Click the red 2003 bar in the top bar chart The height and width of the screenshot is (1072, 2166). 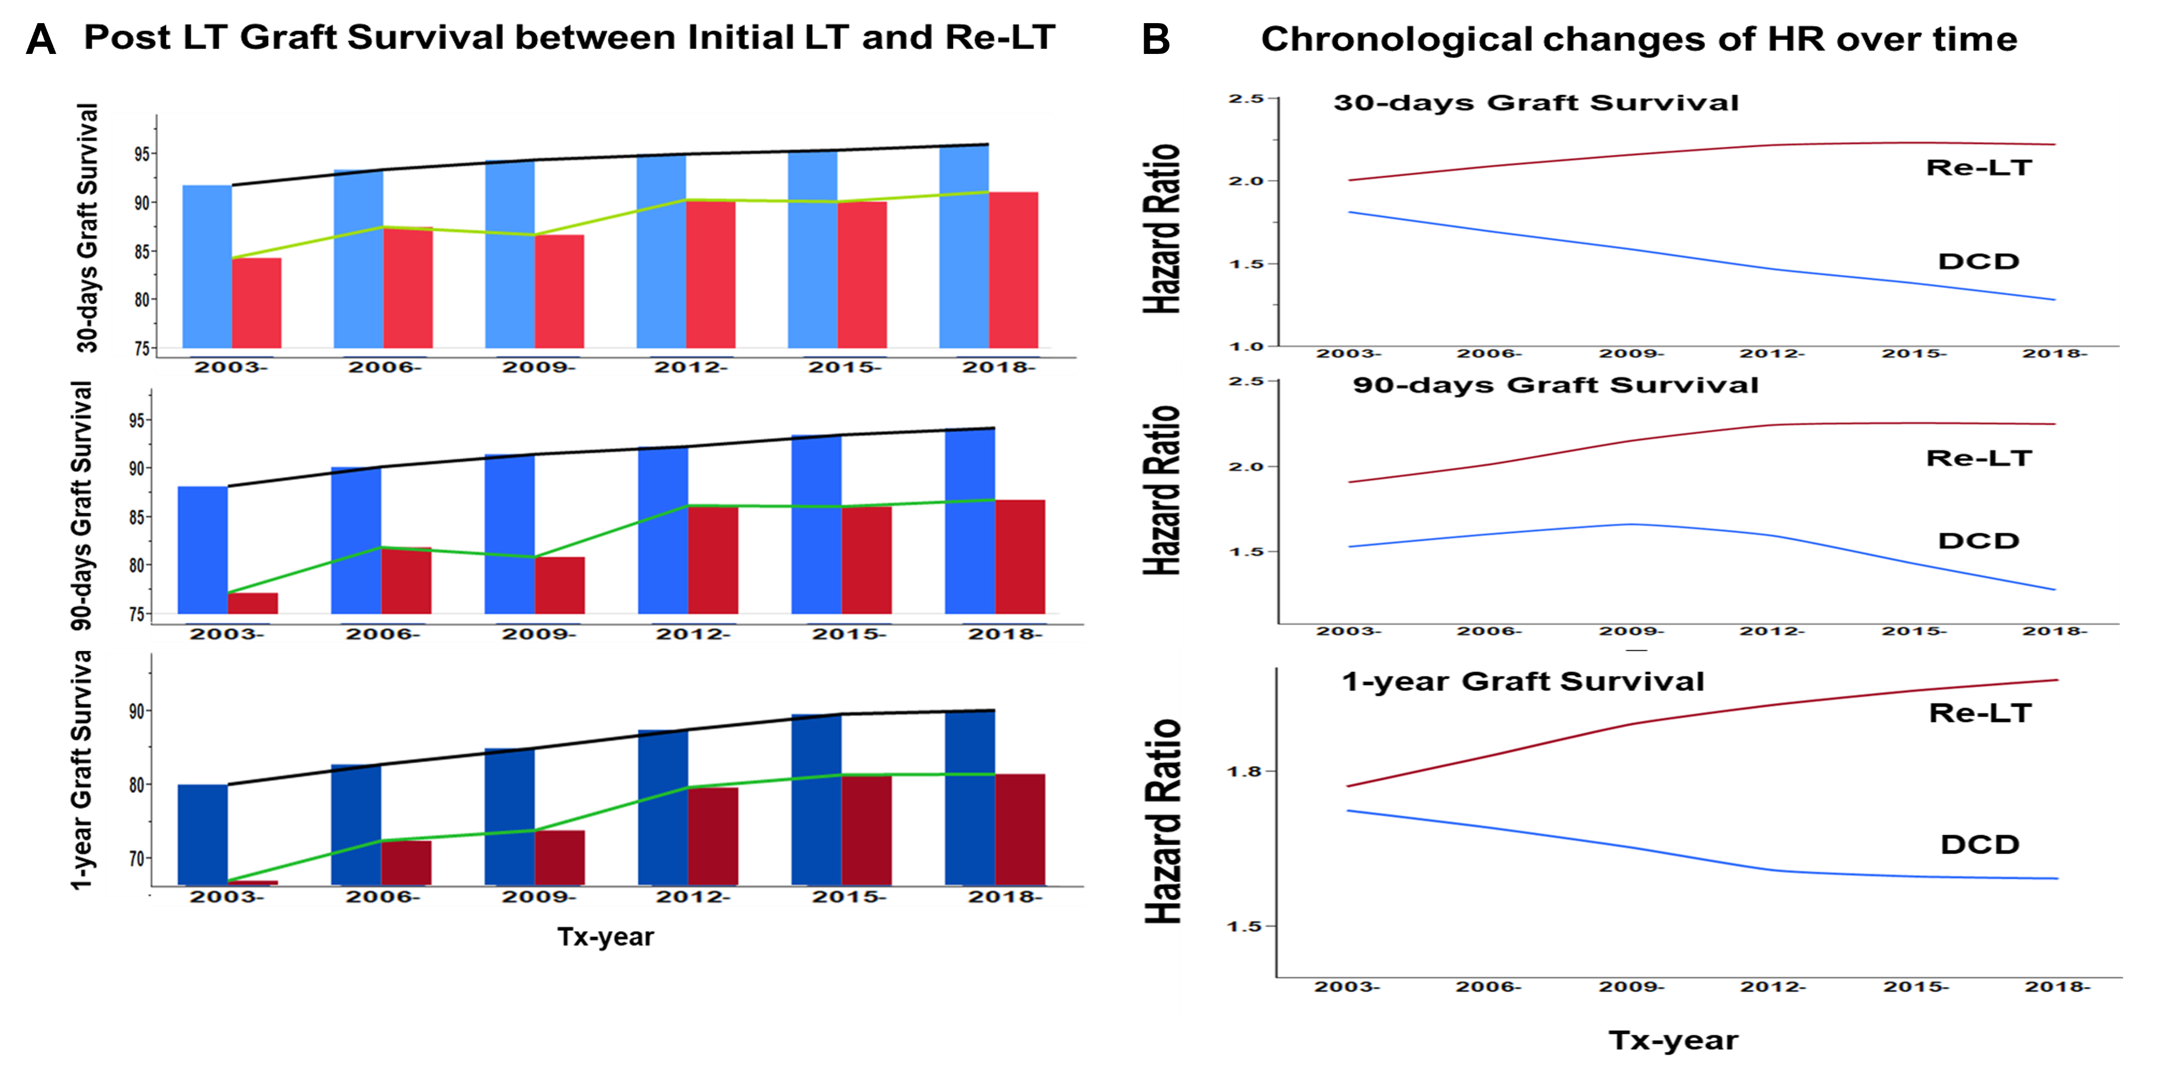click(256, 303)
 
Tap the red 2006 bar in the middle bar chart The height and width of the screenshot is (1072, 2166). click(406, 580)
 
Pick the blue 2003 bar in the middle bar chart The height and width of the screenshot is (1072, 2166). click(202, 550)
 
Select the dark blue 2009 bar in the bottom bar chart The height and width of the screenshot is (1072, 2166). click(510, 816)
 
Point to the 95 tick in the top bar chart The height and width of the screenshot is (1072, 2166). click(142, 154)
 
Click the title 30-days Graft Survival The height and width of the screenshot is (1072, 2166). click(1536, 103)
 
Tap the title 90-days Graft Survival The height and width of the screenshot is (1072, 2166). click(1556, 385)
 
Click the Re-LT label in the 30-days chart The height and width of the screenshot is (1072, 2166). click(1978, 167)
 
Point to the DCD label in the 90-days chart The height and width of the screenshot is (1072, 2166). click(1978, 541)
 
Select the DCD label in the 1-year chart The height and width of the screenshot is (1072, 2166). click(1980, 844)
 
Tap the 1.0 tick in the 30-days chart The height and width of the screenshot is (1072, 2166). click(1245, 346)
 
